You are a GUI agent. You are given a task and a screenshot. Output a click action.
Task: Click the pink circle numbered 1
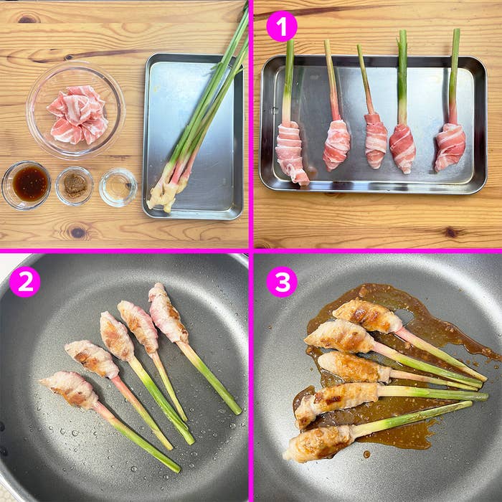tap(281, 27)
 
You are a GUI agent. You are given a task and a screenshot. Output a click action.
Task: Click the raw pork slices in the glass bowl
tap(77, 115)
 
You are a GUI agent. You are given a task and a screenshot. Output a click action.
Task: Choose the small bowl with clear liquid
tap(118, 187)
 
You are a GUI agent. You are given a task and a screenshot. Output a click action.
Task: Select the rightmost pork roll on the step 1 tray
tap(450, 146)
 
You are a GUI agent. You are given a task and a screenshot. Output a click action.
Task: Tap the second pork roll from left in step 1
tap(336, 145)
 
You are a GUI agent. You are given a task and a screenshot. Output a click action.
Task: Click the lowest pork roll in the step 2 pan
tap(72, 390)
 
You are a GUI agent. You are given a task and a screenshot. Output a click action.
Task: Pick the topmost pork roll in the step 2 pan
tap(166, 314)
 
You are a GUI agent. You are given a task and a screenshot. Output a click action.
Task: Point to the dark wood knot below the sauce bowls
tap(77, 232)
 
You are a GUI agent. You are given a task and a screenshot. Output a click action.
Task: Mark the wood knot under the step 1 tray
tap(450, 232)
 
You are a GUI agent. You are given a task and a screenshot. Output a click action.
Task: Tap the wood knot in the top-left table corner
tap(28, 18)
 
